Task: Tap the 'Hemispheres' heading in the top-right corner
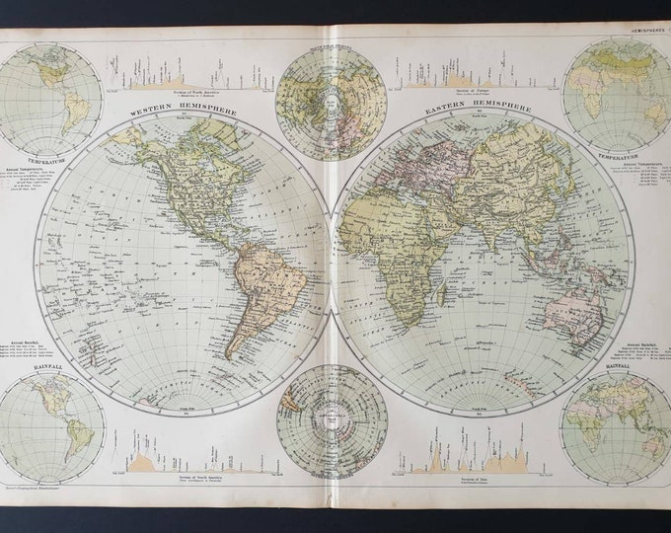click(639, 33)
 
